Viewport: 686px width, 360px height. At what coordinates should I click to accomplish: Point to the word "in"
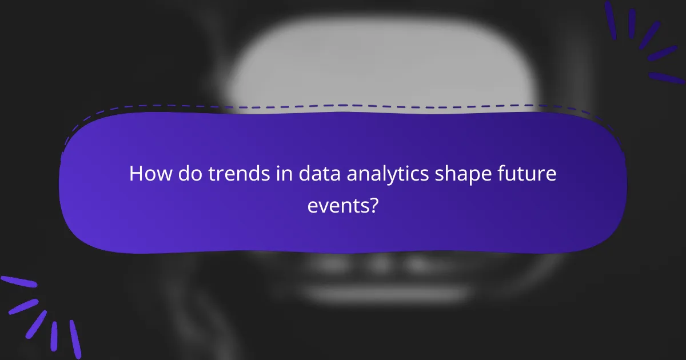[x=266, y=174]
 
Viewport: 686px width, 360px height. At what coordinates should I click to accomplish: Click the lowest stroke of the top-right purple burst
[x=667, y=78]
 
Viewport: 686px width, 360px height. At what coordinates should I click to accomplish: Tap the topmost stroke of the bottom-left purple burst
[x=18, y=282]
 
